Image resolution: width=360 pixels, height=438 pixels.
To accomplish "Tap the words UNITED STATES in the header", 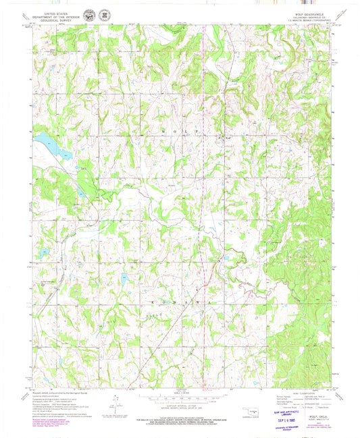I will (x=59, y=12).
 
